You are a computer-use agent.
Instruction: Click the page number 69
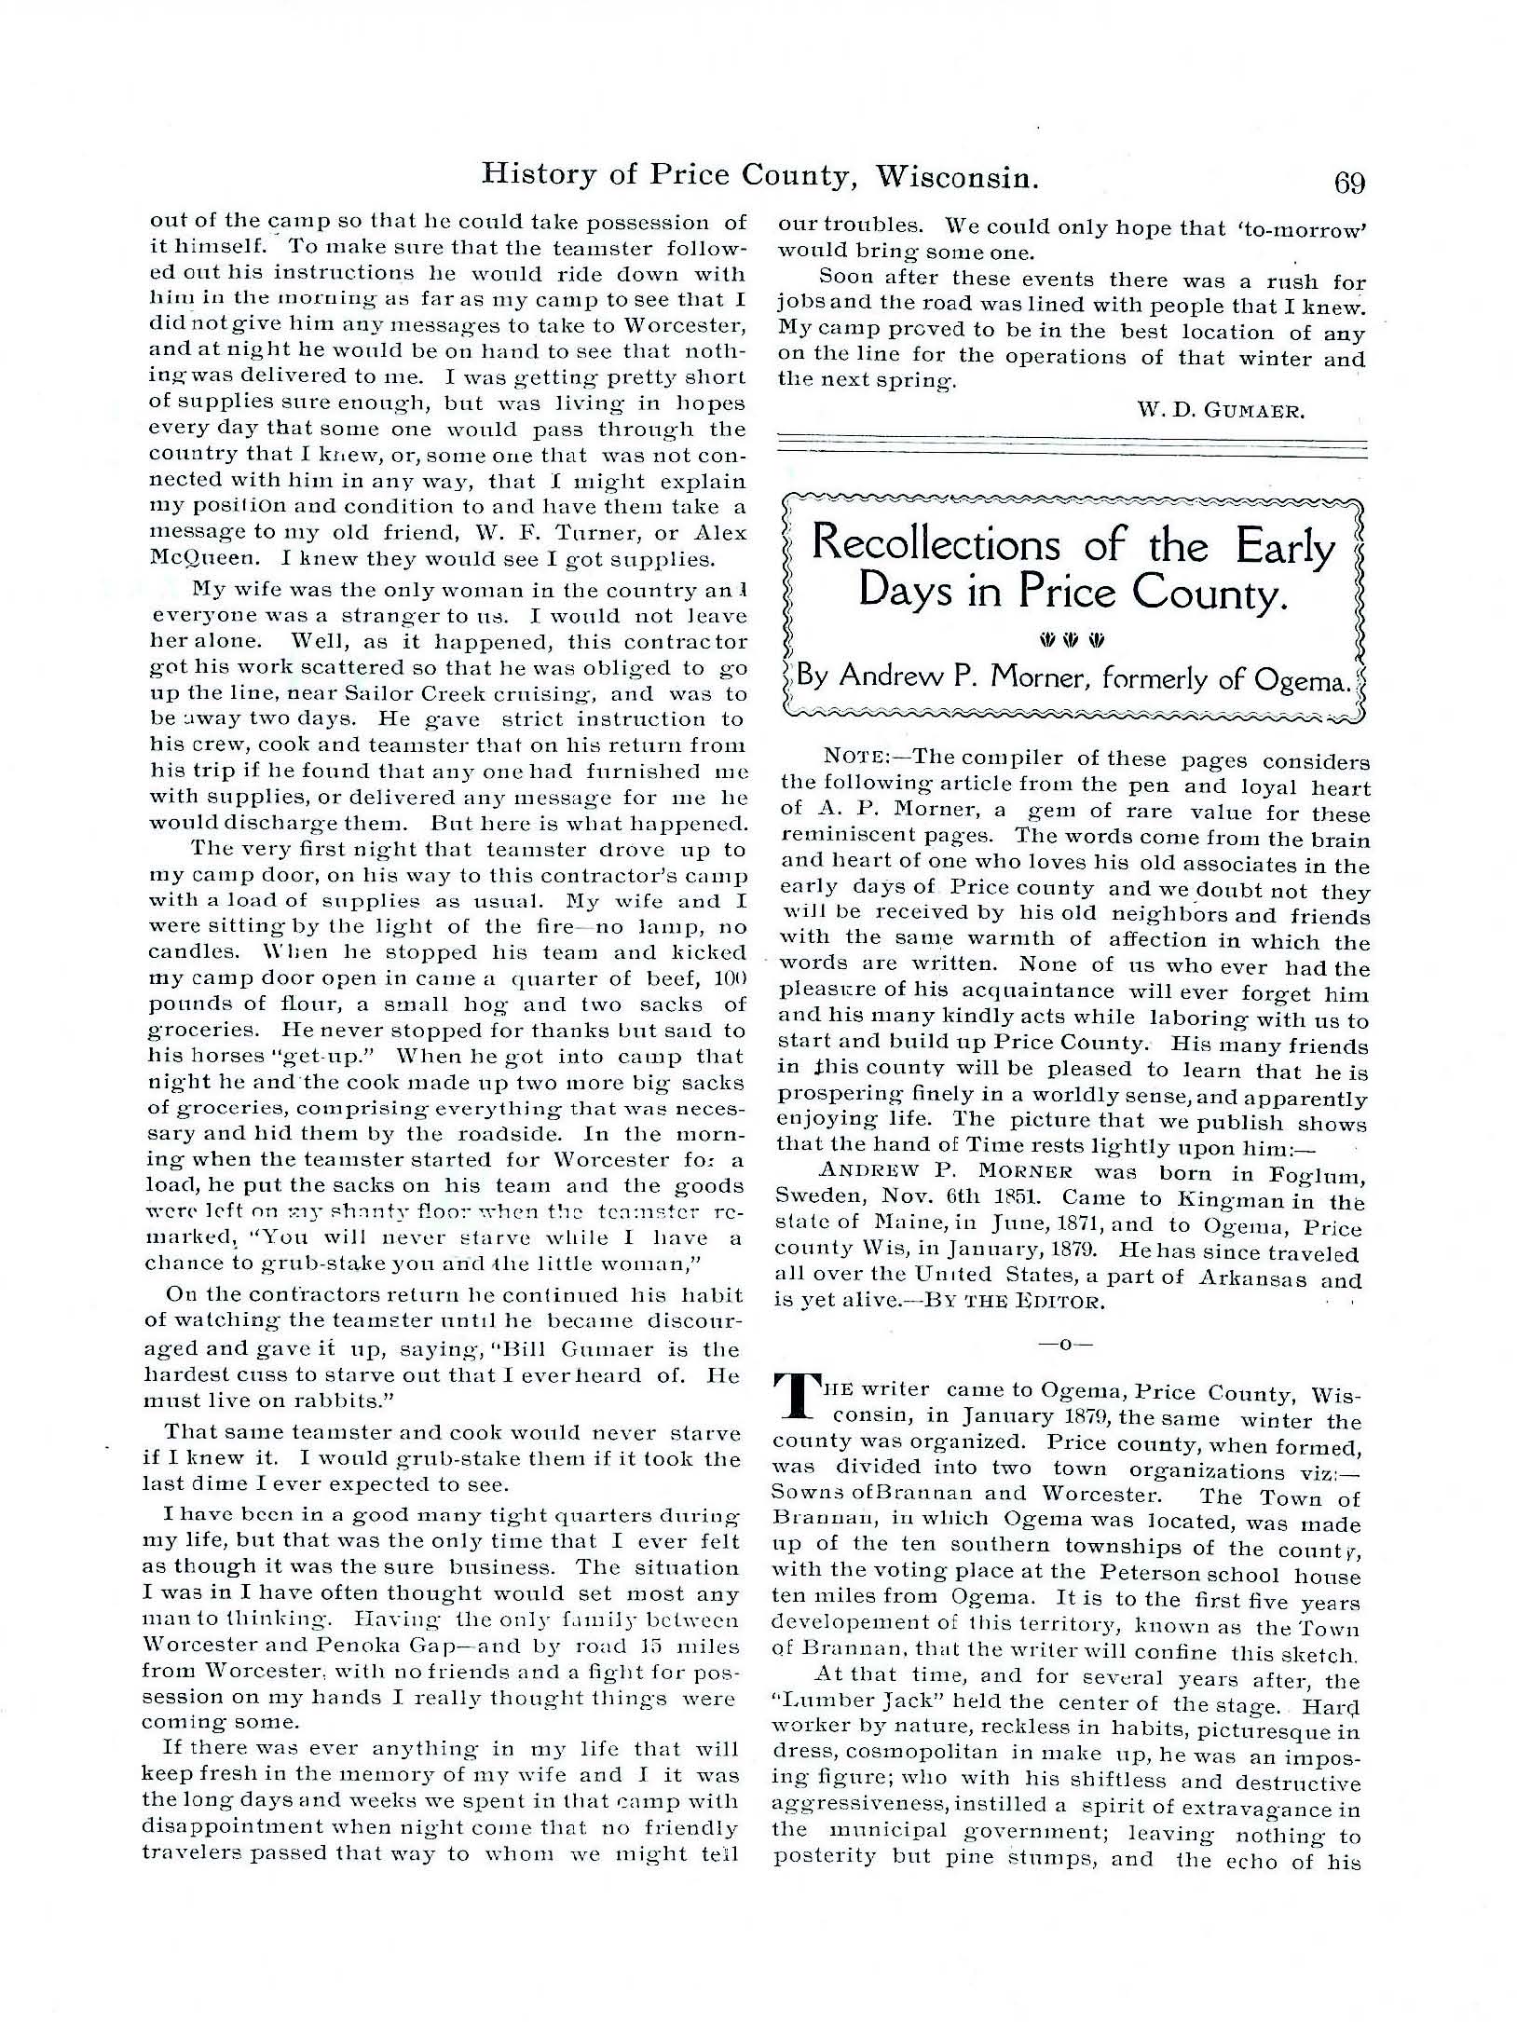click(1348, 182)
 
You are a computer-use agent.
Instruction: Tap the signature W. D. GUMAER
click(1218, 409)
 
